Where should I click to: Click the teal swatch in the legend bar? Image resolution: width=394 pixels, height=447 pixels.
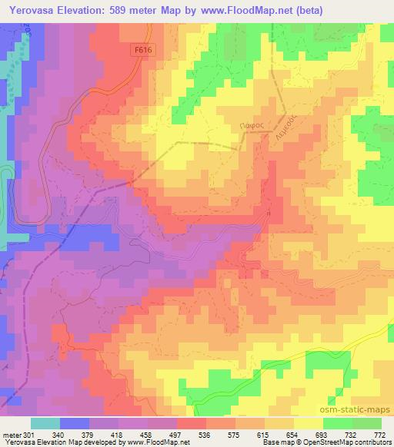[x=45, y=423]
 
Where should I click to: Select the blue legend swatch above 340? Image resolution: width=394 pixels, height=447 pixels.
[x=74, y=423]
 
